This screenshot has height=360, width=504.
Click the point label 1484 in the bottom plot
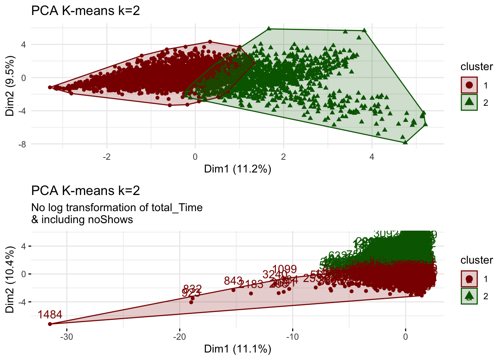[x=50, y=315]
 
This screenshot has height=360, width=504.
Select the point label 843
[x=233, y=280]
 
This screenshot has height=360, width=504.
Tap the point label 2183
[x=251, y=284]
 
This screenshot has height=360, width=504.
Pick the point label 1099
[x=285, y=269]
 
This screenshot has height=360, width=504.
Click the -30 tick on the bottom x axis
[x=67, y=336]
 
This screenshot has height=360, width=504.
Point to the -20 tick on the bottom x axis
[x=180, y=336]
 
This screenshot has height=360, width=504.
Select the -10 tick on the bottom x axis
[x=292, y=336]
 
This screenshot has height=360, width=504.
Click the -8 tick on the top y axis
[x=23, y=144]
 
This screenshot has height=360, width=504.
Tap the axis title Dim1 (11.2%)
[x=237, y=169]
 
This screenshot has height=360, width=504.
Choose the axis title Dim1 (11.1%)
[x=237, y=349]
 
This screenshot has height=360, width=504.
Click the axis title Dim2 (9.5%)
[x=10, y=86]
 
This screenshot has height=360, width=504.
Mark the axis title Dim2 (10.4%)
[x=10, y=279]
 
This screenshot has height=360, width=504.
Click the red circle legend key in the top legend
[x=469, y=85]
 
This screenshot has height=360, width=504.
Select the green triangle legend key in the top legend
[x=469, y=102]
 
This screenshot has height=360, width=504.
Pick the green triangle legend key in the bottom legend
[x=469, y=296]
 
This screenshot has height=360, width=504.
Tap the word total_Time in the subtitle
[x=177, y=207]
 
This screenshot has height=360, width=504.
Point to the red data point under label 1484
[x=50, y=324]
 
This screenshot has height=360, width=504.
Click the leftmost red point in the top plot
[x=50, y=87]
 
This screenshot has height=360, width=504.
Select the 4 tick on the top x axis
[x=372, y=156]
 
